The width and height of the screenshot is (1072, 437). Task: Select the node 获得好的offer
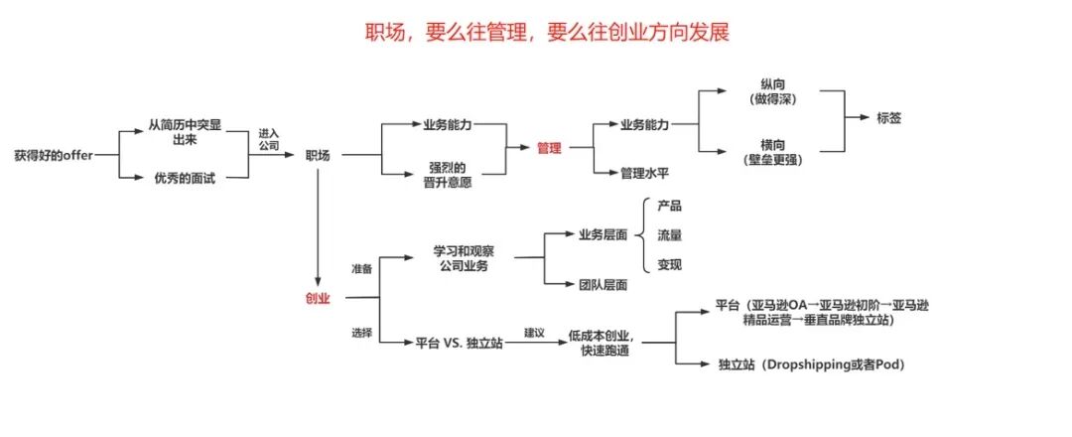(x=53, y=155)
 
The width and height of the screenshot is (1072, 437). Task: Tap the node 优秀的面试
(x=185, y=179)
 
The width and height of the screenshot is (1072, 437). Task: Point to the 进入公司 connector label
(x=268, y=139)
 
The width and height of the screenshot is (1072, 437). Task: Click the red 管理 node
(x=549, y=148)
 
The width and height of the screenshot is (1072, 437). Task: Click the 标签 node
(x=889, y=117)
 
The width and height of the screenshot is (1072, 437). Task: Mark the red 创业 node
(x=318, y=297)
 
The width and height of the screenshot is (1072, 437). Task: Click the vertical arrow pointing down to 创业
(x=318, y=228)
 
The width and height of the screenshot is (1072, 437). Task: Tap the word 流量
(x=670, y=236)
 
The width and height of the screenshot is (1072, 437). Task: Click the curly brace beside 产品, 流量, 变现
(x=643, y=236)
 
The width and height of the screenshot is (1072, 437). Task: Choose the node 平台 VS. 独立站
(x=457, y=343)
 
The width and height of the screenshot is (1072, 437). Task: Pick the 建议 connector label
(x=535, y=332)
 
